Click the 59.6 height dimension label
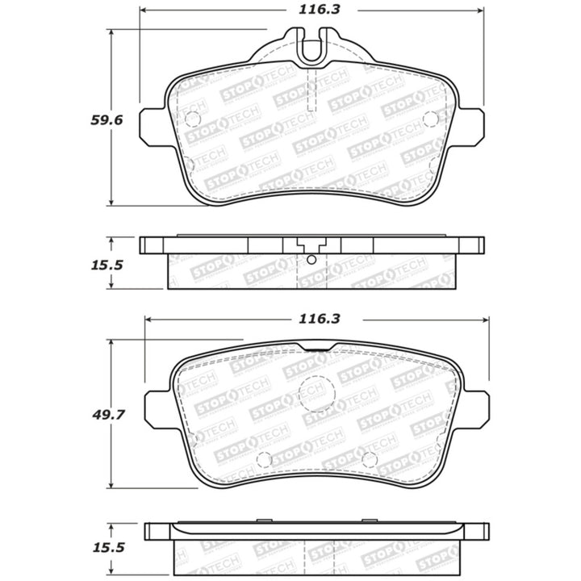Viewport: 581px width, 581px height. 105,119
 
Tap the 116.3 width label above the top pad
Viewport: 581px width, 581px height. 314,11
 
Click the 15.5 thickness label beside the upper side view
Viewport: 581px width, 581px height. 106,263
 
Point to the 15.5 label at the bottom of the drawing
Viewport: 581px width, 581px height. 106,546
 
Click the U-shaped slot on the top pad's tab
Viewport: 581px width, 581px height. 310,48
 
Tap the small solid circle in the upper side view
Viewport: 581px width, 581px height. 311,260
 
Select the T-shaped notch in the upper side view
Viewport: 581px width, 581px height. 311,245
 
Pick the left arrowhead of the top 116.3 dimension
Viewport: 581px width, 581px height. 144,11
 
